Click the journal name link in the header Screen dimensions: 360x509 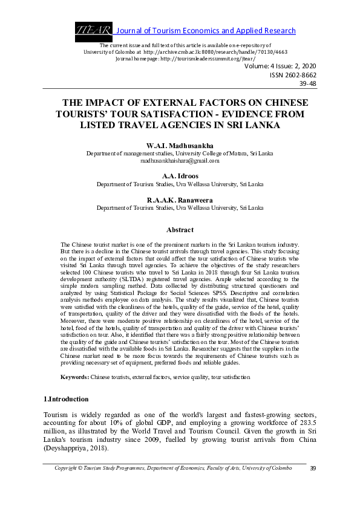(x=205, y=31)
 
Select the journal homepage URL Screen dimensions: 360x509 (x=205, y=59)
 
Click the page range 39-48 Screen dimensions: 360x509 (x=307, y=84)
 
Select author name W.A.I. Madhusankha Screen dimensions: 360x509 (x=180, y=146)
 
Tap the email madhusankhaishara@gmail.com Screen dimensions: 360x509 (x=180, y=161)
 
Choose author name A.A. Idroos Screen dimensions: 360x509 (x=180, y=175)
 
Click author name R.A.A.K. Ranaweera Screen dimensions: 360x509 (x=180, y=199)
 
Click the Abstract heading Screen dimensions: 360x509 (x=180, y=230)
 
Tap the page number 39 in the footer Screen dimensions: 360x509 (x=313, y=468)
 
